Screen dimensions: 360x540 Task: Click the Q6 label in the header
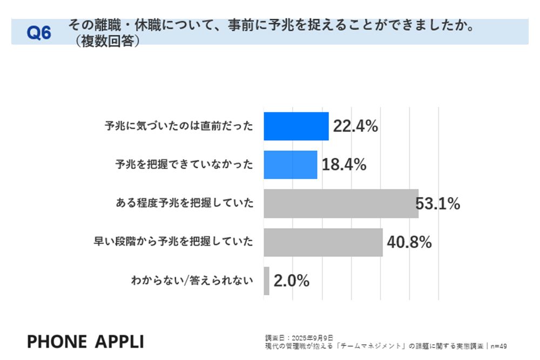point(39,33)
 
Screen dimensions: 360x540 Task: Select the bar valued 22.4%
point(296,126)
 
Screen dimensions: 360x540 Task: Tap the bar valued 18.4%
point(290,165)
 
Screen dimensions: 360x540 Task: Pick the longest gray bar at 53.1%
point(341,203)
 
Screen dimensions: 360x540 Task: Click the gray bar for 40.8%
point(323,242)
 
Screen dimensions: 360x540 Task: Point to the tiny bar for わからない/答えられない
point(266,281)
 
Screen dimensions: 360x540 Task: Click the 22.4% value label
point(355,126)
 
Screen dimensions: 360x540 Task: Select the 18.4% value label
point(344,165)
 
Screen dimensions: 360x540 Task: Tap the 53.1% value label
point(438,203)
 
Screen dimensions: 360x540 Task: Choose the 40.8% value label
point(409,242)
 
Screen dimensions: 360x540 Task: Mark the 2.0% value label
point(292,281)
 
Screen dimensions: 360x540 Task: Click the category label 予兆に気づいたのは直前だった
point(179,126)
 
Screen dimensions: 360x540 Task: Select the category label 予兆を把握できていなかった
point(184,165)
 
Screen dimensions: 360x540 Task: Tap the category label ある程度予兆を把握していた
point(184,203)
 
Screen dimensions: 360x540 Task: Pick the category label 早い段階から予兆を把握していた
point(173,242)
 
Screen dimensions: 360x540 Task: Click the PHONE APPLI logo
point(85,341)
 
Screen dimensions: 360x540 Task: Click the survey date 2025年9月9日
point(311,338)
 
